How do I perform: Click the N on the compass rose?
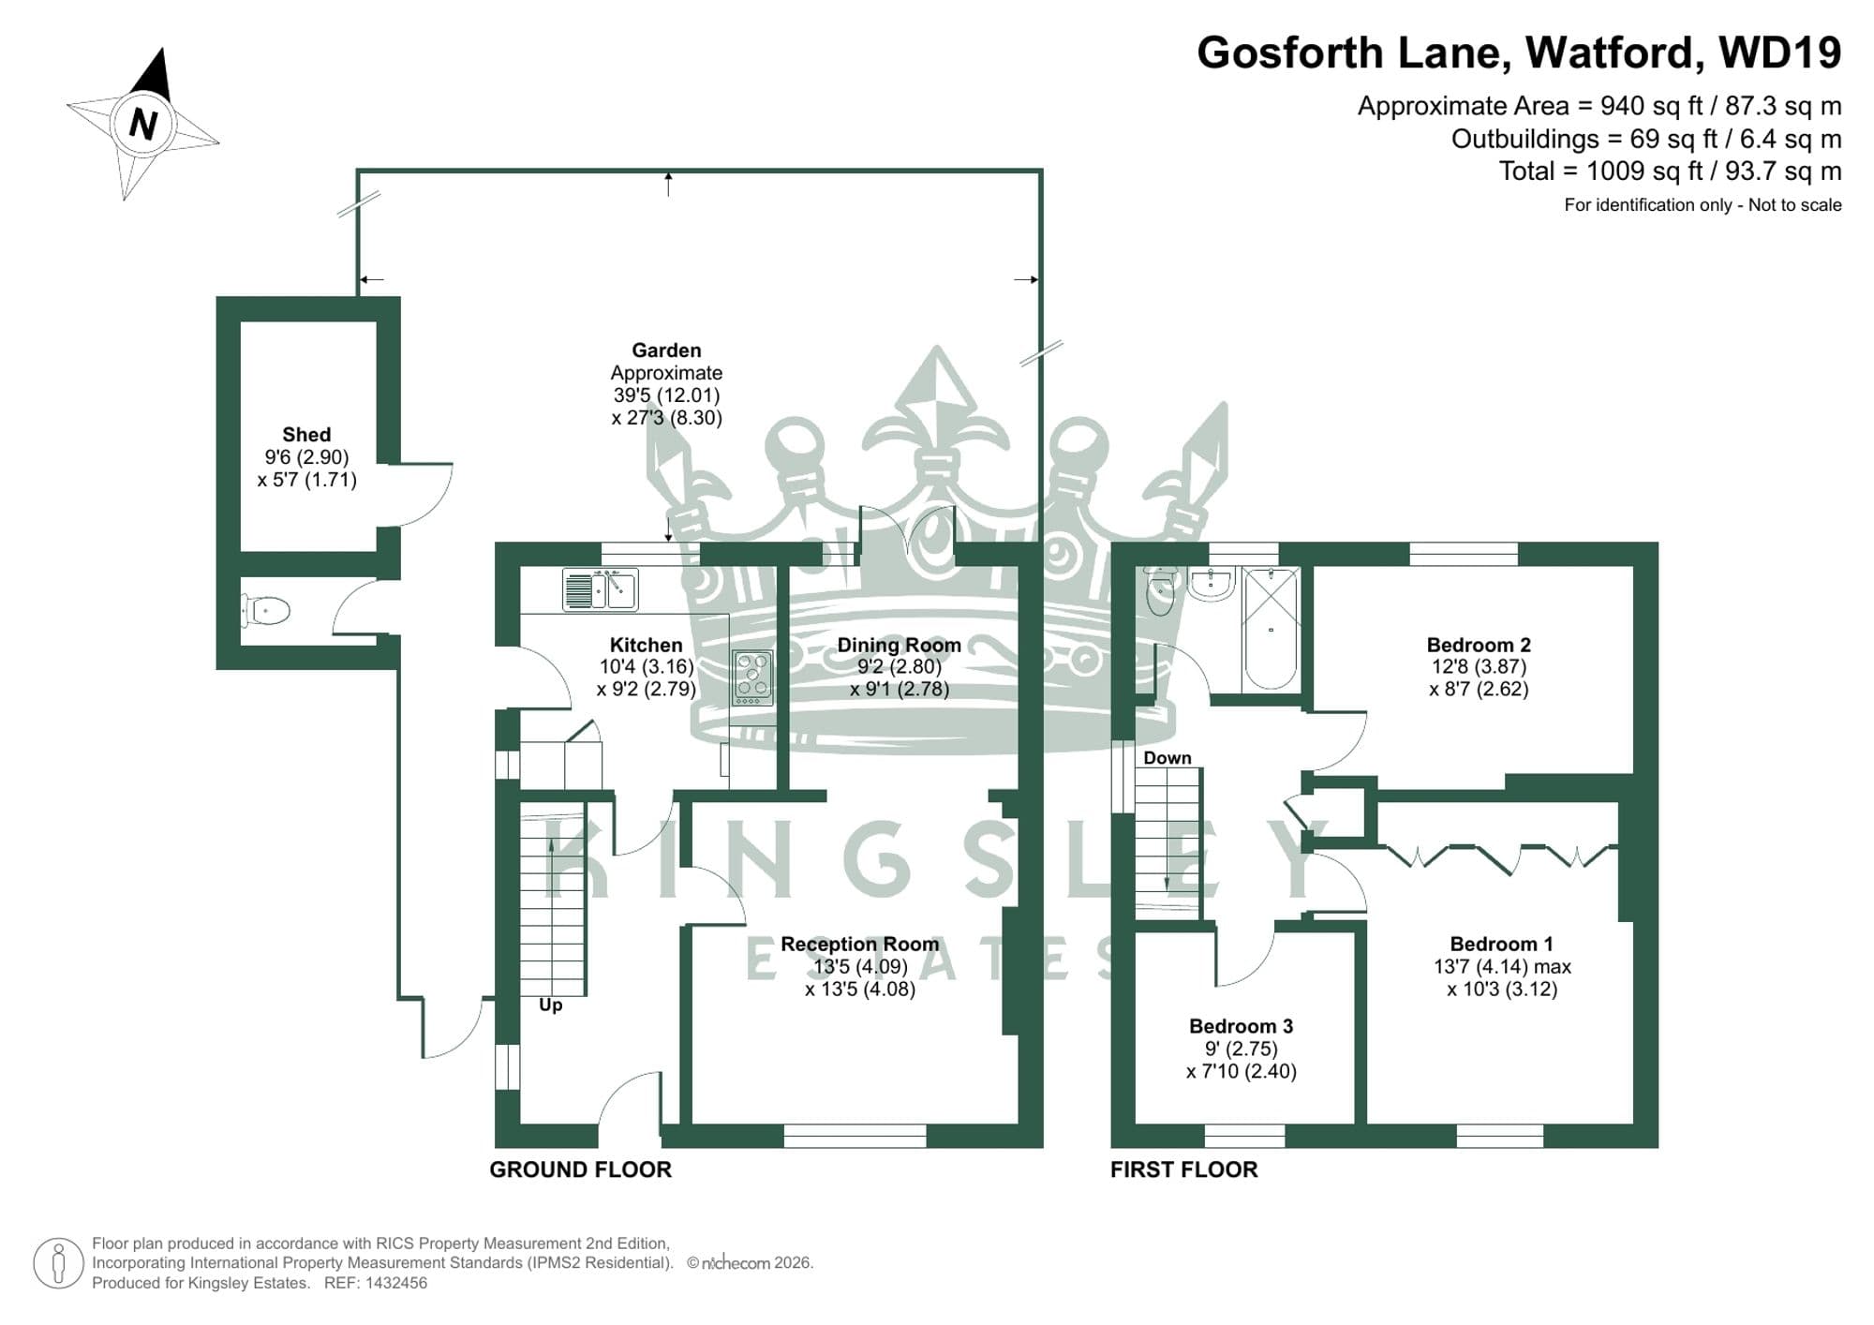click(x=142, y=123)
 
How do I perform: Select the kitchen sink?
click(x=601, y=590)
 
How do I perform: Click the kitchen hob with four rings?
click(x=752, y=677)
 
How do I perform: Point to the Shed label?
click(x=306, y=435)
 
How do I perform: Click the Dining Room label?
click(x=899, y=645)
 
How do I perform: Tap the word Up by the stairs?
click(x=550, y=1005)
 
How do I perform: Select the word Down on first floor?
click(x=1167, y=757)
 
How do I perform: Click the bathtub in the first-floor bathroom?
click(x=1270, y=628)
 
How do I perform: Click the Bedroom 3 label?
click(x=1241, y=1026)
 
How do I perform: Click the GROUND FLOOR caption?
click(x=580, y=1169)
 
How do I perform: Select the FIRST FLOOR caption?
click(x=1183, y=1169)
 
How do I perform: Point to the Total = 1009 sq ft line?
click(x=1669, y=171)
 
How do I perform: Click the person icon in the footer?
click(x=59, y=1263)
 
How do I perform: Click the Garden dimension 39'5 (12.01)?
click(x=666, y=395)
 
